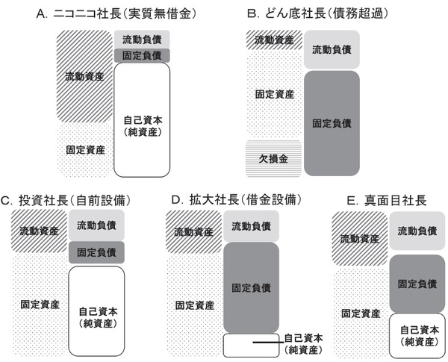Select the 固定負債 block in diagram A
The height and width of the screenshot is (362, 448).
coord(142,55)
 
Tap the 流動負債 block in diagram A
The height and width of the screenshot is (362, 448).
coord(142,39)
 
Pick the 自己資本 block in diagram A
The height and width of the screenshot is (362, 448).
coord(142,119)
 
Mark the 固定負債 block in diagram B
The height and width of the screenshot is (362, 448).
coord(332,122)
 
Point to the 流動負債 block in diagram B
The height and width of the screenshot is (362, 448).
coord(332,49)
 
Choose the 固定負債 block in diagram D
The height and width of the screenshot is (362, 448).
coord(251,286)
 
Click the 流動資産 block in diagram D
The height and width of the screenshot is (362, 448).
coord(193,231)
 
